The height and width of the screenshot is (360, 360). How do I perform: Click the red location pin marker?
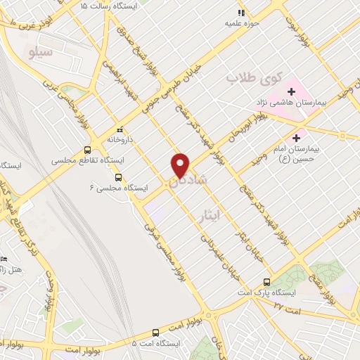pos(181,165)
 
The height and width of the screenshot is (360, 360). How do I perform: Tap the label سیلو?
pos(38,51)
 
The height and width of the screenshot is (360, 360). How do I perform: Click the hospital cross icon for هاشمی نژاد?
pos(292,91)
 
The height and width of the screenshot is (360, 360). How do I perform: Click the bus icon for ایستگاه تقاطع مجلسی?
pos(87,150)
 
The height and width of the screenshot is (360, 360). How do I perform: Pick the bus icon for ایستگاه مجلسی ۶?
pos(118,177)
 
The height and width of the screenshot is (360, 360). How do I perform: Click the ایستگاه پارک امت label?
pos(266,292)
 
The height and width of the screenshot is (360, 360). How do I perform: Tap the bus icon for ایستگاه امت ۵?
pos(155,333)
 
